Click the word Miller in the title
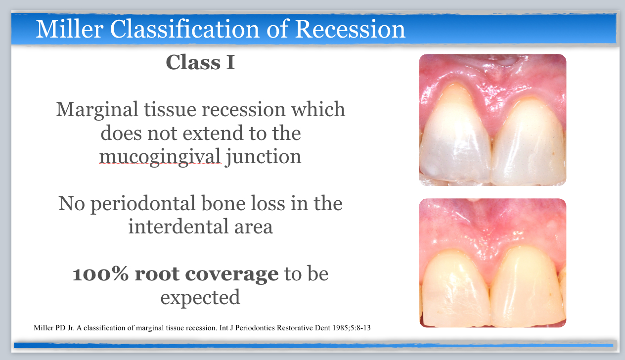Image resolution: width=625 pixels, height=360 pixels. [x=69, y=29]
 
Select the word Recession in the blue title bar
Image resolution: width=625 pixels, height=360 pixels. [x=350, y=29]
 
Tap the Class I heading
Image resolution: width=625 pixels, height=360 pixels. [x=200, y=63]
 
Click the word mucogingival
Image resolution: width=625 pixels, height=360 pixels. [x=160, y=156]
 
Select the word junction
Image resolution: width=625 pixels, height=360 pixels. [x=263, y=156]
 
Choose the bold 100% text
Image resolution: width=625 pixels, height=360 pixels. [x=101, y=274]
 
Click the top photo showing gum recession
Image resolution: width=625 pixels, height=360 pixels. [x=492, y=120]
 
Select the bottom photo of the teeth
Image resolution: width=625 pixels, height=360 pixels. [x=492, y=263]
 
